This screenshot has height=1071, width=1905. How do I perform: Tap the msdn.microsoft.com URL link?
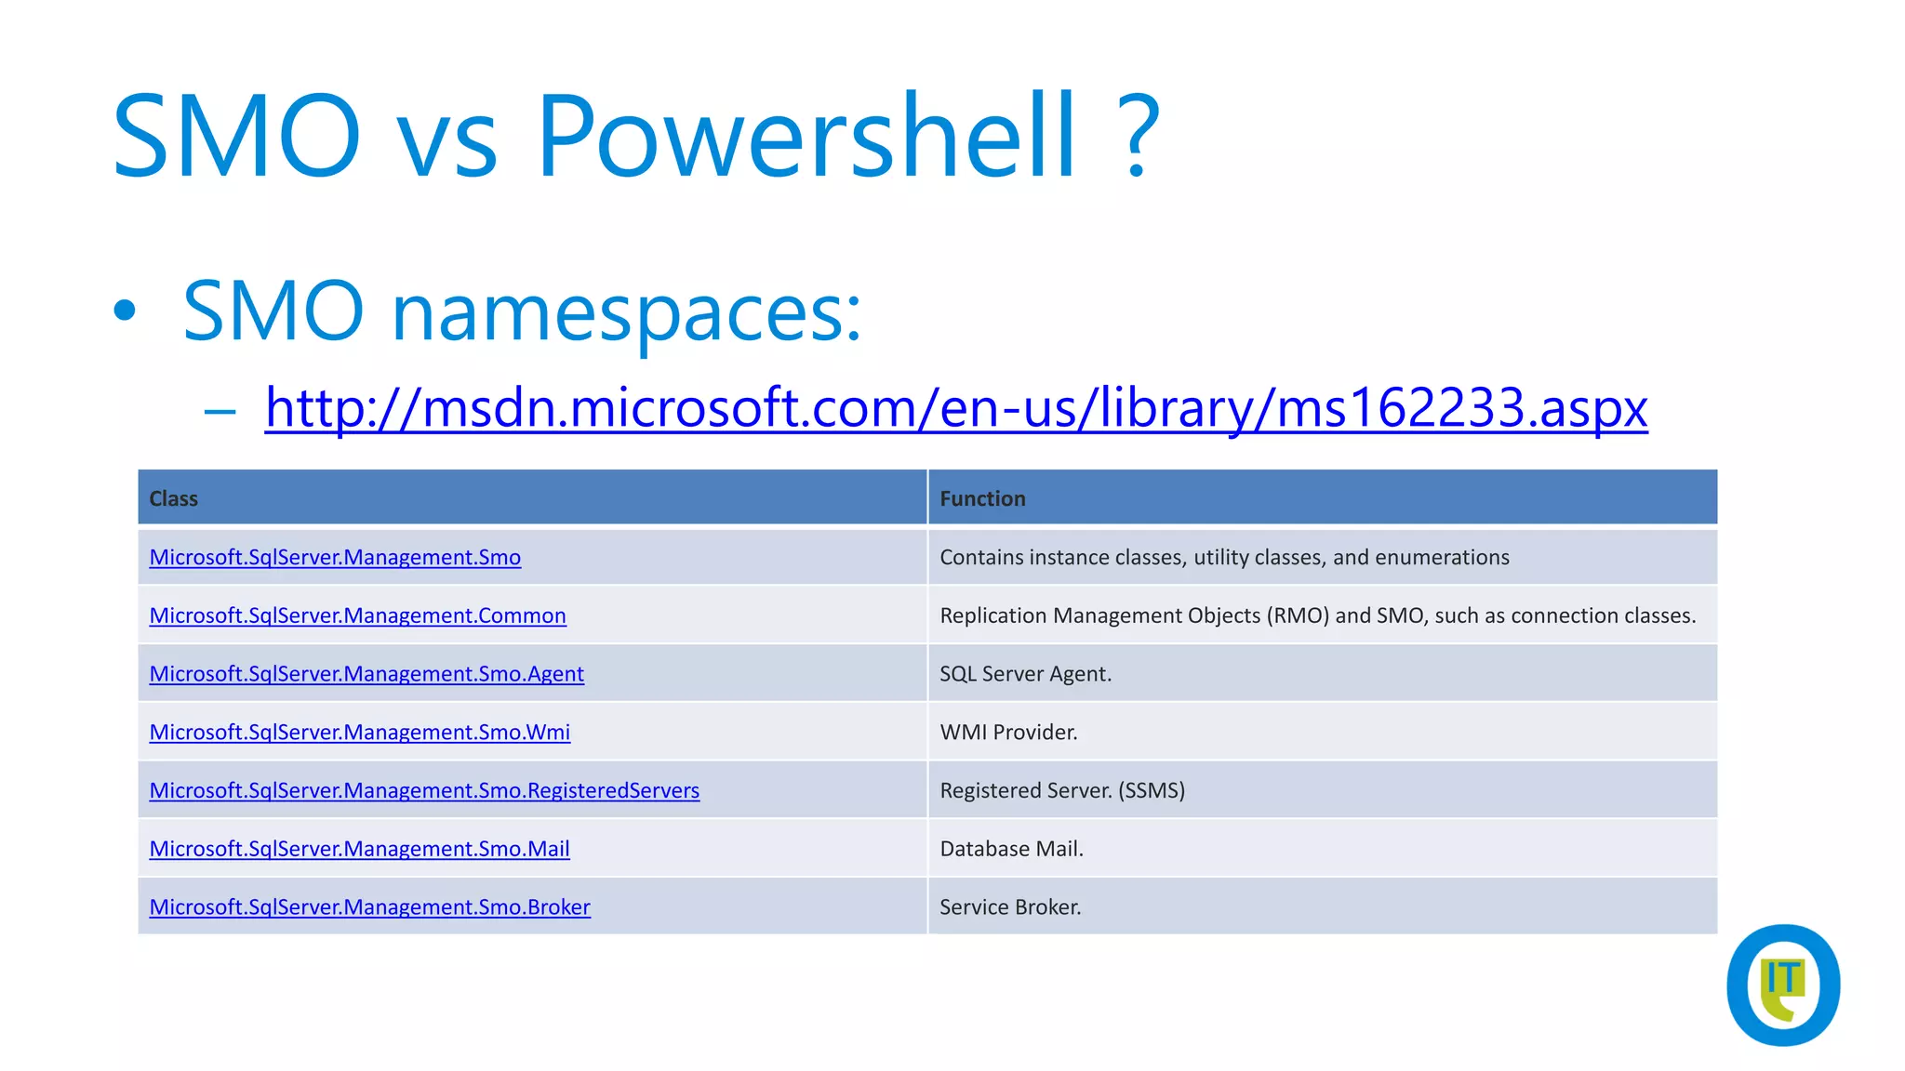click(955, 407)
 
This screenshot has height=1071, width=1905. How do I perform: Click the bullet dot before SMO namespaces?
click(125, 311)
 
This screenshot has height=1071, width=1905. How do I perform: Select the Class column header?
click(174, 498)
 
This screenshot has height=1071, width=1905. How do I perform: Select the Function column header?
click(982, 498)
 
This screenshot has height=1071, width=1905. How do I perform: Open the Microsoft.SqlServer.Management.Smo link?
click(335, 557)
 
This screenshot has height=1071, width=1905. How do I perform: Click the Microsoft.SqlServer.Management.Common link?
click(357, 615)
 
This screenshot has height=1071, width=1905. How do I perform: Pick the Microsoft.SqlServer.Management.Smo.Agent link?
click(366, 674)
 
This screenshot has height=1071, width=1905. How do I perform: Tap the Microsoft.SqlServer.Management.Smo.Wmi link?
click(360, 733)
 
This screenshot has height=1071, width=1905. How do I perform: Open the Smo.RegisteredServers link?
click(424, 790)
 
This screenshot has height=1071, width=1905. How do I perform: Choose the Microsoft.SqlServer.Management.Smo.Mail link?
click(359, 849)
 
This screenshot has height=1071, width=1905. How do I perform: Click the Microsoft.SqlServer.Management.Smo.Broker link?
click(369, 907)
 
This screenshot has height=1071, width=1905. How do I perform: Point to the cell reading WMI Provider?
click(1008, 733)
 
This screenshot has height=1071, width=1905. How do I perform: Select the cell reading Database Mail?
click(1011, 849)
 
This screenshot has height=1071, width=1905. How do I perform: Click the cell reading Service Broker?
click(1010, 907)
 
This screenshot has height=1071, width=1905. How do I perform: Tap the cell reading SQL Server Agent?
click(1025, 674)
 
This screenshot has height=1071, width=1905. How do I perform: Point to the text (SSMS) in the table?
click(1152, 790)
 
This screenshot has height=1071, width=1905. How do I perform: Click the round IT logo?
click(1782, 985)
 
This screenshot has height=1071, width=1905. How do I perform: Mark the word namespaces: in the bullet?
click(626, 311)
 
